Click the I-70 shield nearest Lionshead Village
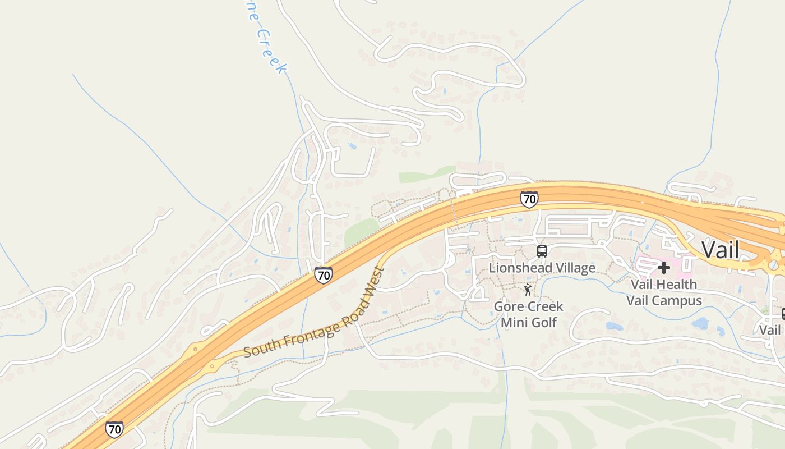[x=529, y=199]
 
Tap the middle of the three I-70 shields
[x=323, y=274]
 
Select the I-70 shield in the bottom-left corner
[x=114, y=429]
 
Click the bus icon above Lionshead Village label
[x=542, y=251]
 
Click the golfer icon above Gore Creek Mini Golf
[x=527, y=290]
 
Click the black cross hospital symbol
[x=664, y=267]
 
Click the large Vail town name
[x=720, y=250]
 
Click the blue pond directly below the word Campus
[x=700, y=323]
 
